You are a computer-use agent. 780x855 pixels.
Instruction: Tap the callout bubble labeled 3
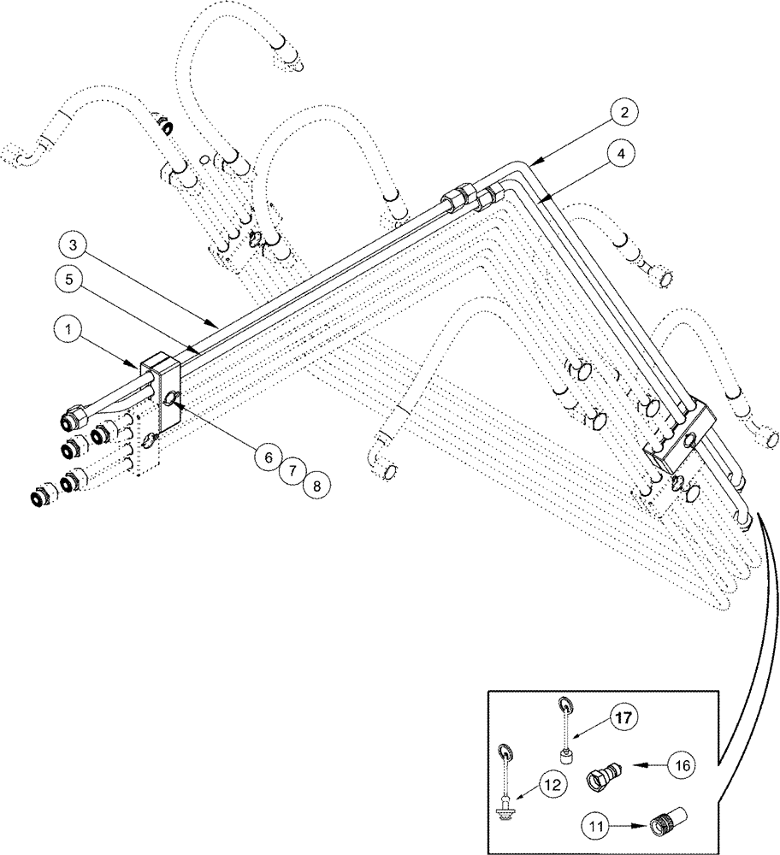point(74,246)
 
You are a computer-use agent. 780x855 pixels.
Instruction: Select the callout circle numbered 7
point(291,471)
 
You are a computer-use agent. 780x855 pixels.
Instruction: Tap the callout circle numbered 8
point(315,486)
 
